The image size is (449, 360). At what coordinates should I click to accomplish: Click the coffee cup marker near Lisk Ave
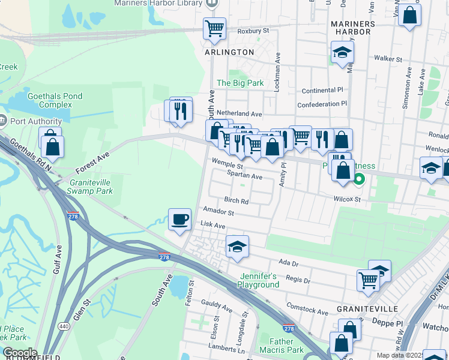pyautogui.click(x=179, y=220)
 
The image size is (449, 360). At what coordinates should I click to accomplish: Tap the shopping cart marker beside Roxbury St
pyautogui.click(x=214, y=28)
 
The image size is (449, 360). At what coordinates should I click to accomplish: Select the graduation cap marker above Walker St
pyautogui.click(x=342, y=52)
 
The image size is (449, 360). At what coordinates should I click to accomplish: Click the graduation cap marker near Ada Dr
pyautogui.click(x=237, y=246)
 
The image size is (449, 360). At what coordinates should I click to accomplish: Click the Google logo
pyautogui.click(x=20, y=353)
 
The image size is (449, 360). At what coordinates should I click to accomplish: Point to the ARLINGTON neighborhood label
pyautogui.click(x=230, y=52)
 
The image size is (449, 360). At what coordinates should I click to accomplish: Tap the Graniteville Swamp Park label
pyautogui.click(x=91, y=187)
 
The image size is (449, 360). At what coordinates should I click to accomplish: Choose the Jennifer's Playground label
pyautogui.click(x=259, y=280)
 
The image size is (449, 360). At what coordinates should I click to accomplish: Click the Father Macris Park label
pyautogui.click(x=282, y=345)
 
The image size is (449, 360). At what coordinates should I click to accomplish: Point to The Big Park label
pyautogui.click(x=240, y=83)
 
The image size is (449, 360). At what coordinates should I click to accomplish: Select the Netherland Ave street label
pyautogui.click(x=240, y=113)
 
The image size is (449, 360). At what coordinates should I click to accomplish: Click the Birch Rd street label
pyautogui.click(x=236, y=201)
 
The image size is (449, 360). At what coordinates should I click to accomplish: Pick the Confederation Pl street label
pyautogui.click(x=322, y=104)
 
